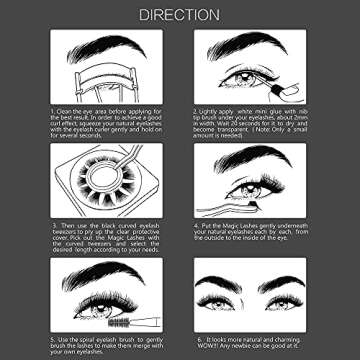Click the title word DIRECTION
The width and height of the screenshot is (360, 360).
180,15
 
